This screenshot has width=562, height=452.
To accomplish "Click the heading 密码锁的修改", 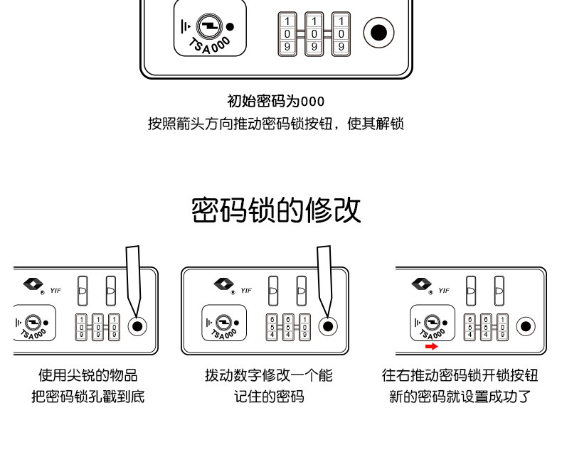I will tap(276, 211).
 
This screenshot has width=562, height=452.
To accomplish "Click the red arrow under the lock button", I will tap(430, 346).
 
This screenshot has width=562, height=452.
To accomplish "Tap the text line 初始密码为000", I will tap(275, 101).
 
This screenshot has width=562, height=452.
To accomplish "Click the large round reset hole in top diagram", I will tap(379, 32).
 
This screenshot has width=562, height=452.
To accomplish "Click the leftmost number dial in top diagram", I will tap(287, 33).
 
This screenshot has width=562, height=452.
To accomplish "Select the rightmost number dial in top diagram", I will tap(341, 33).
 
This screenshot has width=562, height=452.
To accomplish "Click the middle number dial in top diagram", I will tap(314, 33).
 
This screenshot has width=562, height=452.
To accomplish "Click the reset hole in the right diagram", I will tap(525, 326).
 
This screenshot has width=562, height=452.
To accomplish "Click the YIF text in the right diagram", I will tap(444, 290).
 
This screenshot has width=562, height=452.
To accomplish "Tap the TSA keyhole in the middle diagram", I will tap(221, 322).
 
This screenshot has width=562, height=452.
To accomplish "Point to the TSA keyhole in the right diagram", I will tap(430, 322).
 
